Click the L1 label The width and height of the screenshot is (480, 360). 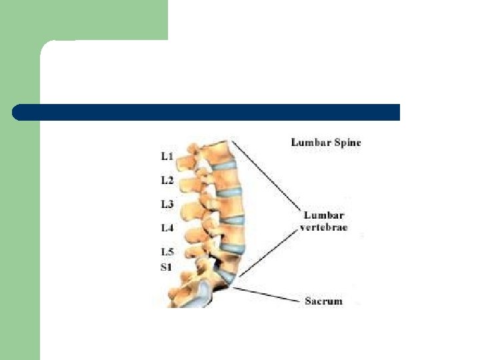click(167, 157)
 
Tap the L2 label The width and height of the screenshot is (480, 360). click(167, 180)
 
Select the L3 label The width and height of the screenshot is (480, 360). click(167, 203)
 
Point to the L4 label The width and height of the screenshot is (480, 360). click(167, 227)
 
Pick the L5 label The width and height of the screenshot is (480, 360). click(167, 252)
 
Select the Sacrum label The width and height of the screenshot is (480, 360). click(323, 301)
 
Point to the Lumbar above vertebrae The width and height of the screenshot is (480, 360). click(323, 215)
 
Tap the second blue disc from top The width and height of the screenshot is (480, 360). click(231, 193)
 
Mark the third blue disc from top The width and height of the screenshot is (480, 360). click(235, 219)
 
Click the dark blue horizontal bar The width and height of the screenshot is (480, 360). click(206, 112)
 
